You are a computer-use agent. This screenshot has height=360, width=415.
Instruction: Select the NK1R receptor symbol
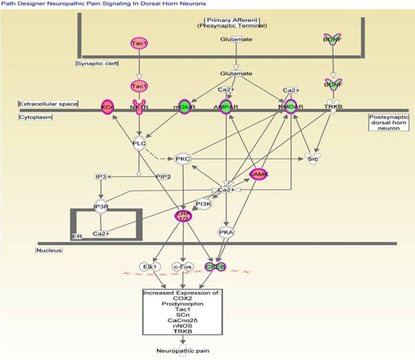pos(138,107)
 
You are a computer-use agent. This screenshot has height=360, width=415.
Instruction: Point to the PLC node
pos(139,143)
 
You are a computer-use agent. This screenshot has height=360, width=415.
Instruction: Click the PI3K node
pos(204,204)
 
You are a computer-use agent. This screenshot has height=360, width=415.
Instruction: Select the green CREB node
pos(215,266)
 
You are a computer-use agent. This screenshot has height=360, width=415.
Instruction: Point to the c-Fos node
pos(183,266)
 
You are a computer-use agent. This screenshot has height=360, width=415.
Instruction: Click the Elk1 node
pos(149,266)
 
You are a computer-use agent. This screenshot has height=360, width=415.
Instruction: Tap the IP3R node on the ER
pos(101,207)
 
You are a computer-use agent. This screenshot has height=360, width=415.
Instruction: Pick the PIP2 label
pos(163,177)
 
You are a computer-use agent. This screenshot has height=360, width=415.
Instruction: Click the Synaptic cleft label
pos(97,63)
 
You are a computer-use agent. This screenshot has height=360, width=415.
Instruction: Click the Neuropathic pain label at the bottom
pos(183,350)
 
